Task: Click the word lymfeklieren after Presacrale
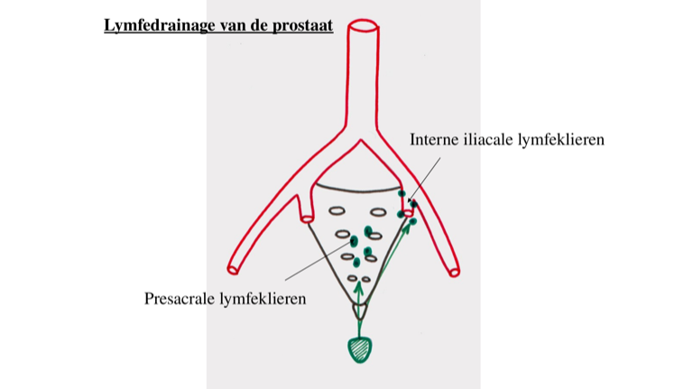(x=263, y=299)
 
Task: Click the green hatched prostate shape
(x=360, y=348)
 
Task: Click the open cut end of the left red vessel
(x=235, y=267)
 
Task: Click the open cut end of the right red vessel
(x=454, y=270)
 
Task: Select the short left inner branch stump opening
(x=308, y=218)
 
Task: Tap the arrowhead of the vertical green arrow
(x=360, y=286)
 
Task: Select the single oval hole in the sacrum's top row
(x=337, y=212)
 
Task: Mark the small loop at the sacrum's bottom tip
(x=360, y=310)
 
